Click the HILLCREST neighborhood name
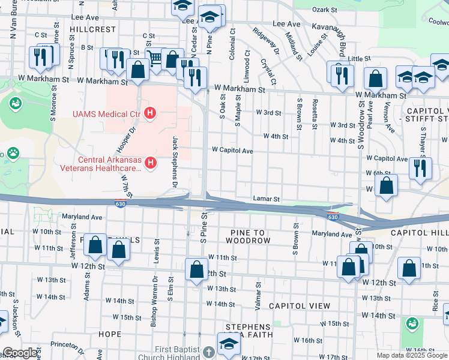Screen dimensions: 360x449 pyautogui.click(x=92, y=29)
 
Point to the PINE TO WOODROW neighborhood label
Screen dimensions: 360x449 pyautogui.click(x=247, y=236)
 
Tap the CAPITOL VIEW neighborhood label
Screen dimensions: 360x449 pyautogui.click(x=300, y=306)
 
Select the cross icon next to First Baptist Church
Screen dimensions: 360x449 pyautogui.click(x=208, y=352)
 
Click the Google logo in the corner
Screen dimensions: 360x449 pyautogui.click(x=20, y=353)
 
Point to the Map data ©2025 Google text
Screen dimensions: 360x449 pyautogui.click(x=412, y=355)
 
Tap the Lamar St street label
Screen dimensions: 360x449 pyautogui.click(x=267, y=199)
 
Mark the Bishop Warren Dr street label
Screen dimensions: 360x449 pyautogui.click(x=154, y=299)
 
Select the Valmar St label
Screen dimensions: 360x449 pyautogui.click(x=259, y=294)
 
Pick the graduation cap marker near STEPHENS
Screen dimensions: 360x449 pyautogui.click(x=229, y=344)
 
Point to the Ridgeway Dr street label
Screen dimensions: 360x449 pyautogui.click(x=265, y=41)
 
